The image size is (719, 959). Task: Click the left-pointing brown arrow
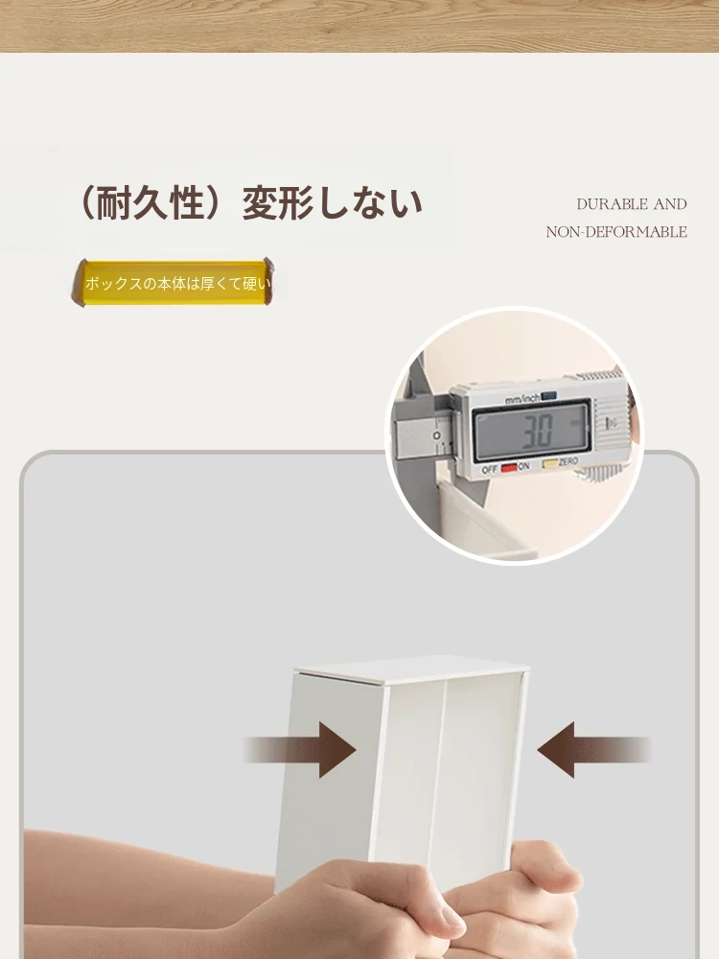[593, 750]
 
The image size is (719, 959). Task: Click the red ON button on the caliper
[509, 469]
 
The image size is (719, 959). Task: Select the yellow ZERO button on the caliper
[549, 463]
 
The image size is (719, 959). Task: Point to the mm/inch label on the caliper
[522, 399]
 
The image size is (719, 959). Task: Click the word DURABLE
[612, 204]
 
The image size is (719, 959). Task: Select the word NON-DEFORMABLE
[616, 232]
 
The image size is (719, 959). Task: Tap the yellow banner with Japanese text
[174, 283]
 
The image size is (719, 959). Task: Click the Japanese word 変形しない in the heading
[333, 203]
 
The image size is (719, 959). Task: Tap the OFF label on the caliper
[489, 470]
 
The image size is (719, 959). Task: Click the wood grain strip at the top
[359, 26]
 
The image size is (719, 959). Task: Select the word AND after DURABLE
[670, 204]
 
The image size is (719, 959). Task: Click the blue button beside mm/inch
[548, 396]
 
